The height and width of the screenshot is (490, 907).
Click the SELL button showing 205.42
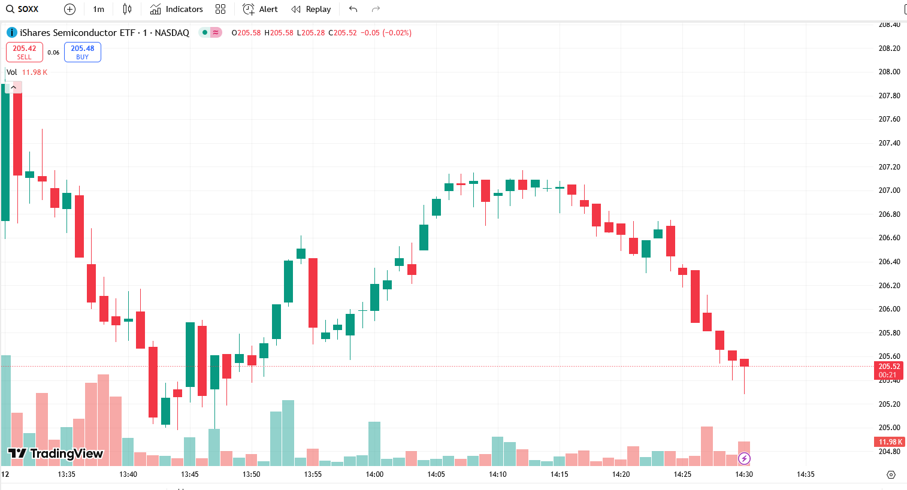(x=25, y=52)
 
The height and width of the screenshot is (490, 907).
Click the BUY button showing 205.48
(x=83, y=52)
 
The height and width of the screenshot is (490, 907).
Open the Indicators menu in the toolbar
(x=177, y=9)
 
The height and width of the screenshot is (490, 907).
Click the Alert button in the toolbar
(x=261, y=9)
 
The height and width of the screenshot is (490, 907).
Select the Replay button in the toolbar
(x=311, y=9)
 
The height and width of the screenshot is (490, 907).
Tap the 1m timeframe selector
(x=99, y=9)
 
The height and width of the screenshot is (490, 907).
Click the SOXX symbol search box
(x=28, y=9)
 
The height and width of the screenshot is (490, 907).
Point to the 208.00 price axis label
(x=889, y=72)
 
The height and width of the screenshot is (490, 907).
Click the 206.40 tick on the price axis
(x=889, y=262)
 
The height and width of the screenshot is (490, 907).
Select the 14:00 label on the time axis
(x=374, y=474)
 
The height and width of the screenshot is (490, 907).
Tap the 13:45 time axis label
(x=189, y=474)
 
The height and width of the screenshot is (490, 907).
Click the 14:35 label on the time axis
(x=806, y=474)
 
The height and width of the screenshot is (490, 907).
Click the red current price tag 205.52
(x=889, y=367)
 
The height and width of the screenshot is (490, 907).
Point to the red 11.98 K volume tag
(x=890, y=442)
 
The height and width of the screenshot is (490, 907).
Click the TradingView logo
(x=56, y=453)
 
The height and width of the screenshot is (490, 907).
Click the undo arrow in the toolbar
(x=353, y=9)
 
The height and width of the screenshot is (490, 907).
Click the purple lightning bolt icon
(x=744, y=459)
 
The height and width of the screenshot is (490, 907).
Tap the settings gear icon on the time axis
(x=891, y=474)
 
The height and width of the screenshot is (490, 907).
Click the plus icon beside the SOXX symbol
(x=69, y=9)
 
